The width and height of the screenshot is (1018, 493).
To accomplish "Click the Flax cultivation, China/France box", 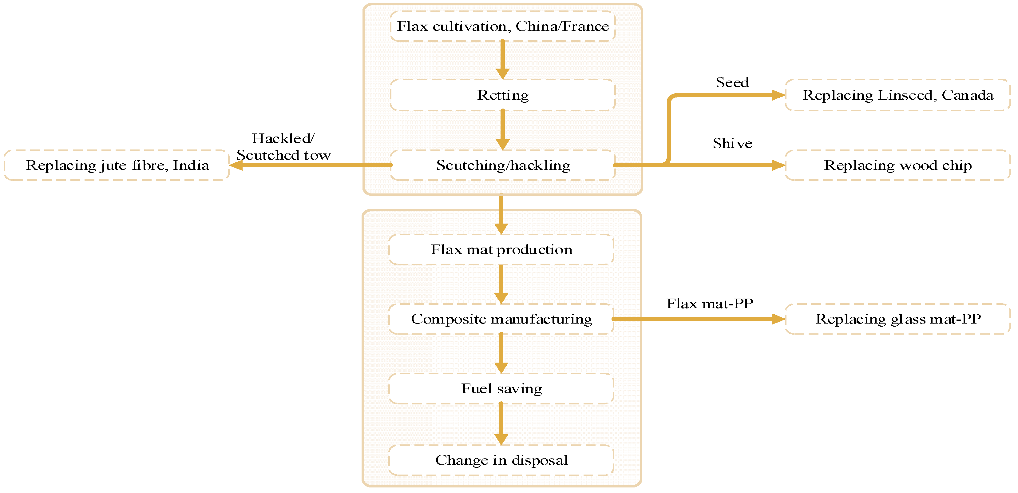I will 503,26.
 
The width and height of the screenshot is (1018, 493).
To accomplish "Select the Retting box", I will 503,95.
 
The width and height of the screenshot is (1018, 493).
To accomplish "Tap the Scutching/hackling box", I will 503,165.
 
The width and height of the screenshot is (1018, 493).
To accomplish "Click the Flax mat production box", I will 501,250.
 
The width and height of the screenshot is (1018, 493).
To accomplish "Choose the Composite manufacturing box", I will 501,319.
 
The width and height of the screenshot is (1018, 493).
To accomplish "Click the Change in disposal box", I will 501,460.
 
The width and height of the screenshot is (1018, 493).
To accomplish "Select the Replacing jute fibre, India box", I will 117,165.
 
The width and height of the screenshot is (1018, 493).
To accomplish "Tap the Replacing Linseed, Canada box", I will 897,95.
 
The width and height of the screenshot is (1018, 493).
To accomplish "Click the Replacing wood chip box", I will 897,165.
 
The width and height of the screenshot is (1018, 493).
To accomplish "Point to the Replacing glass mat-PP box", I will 897,319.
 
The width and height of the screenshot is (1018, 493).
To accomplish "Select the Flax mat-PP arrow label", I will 710,304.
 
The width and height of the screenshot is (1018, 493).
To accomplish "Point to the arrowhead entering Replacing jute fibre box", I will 236,165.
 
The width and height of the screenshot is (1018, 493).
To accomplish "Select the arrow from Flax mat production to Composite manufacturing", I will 501,284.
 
